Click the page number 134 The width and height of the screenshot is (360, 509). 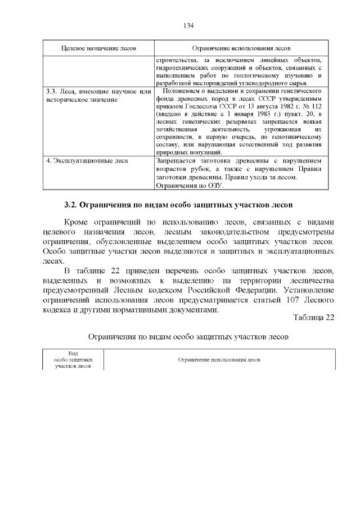tap(188, 25)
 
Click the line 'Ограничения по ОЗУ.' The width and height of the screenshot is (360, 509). tap(189, 184)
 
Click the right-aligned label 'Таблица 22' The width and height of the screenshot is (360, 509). tap(314, 317)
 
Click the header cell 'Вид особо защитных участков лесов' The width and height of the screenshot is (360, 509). tap(73, 359)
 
